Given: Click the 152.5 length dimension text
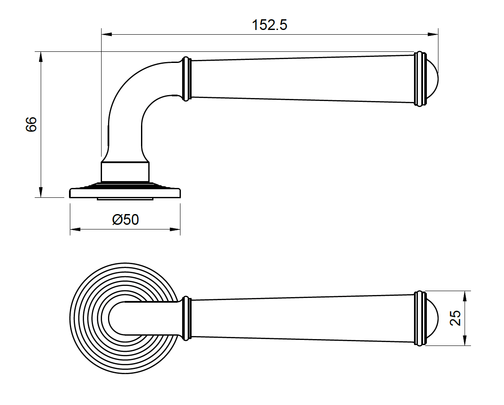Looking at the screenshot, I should (269, 25).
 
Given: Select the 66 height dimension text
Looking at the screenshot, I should (31, 124).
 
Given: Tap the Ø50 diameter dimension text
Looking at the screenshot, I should (125, 220).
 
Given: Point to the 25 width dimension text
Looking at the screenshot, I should (456, 318).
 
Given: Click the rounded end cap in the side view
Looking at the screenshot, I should (432, 79).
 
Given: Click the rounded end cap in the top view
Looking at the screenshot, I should (432, 318).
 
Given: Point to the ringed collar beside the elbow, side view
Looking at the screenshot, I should (185, 79).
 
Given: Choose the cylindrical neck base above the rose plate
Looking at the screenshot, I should (125, 172).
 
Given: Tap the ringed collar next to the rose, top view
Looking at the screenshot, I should (185, 318).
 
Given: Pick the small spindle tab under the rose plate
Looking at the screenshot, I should (125, 199).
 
